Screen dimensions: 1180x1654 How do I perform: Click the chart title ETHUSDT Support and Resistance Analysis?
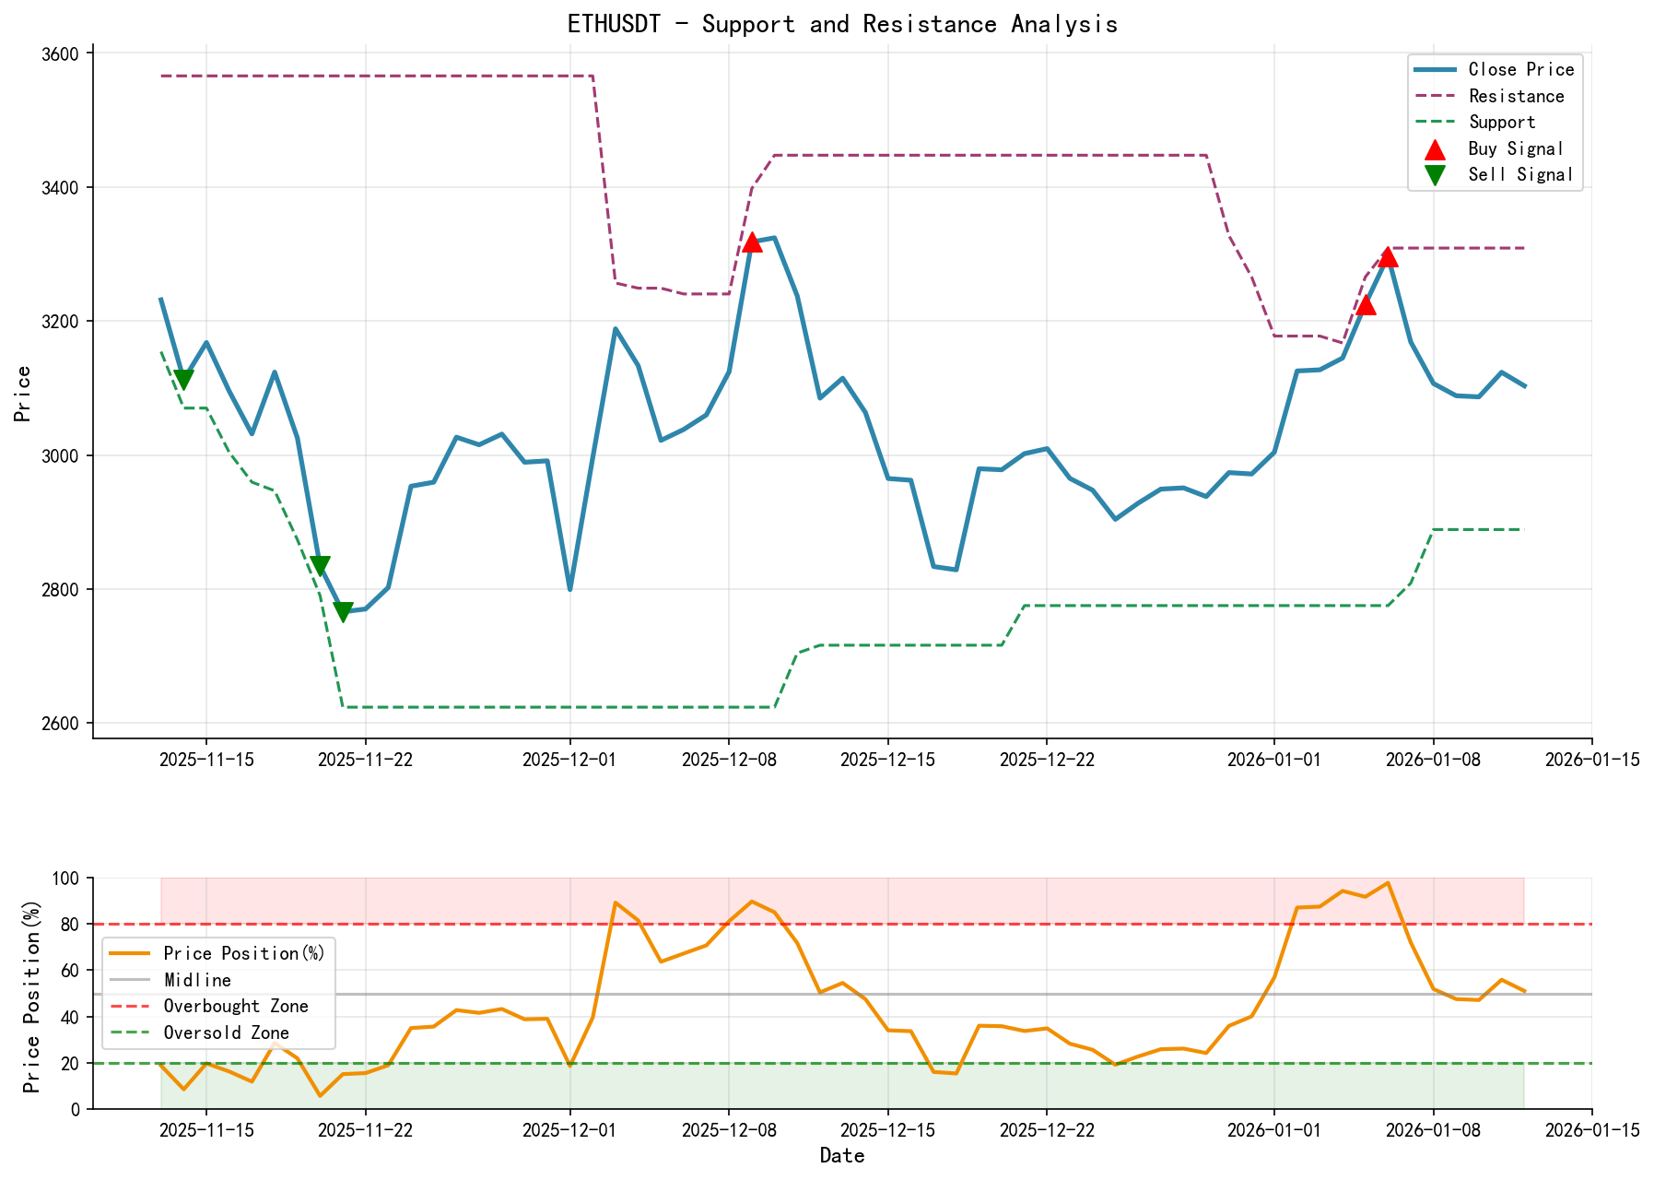tap(842, 24)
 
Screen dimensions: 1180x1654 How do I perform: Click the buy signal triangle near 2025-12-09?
tap(752, 242)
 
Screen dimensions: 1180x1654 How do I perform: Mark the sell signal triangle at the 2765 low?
tap(343, 611)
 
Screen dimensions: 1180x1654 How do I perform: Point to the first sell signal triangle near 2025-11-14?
tap(183, 379)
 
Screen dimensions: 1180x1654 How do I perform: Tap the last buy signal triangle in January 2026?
tap(1389, 257)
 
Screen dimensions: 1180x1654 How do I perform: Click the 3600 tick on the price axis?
tap(62, 53)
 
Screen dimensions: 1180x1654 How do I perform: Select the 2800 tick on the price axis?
tap(62, 589)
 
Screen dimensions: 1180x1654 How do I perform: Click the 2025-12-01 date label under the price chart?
tap(569, 760)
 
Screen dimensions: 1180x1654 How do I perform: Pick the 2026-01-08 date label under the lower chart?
tap(1433, 1130)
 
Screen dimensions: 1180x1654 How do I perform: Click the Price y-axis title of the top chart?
tap(23, 394)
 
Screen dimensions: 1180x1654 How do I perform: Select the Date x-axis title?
tap(842, 1156)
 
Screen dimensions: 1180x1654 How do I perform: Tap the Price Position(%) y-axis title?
tap(32, 993)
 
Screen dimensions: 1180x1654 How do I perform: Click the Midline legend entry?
tap(197, 980)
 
